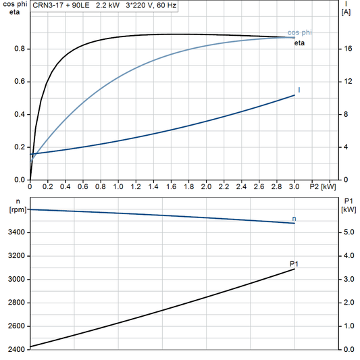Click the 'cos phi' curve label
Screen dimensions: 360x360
(x=300, y=32)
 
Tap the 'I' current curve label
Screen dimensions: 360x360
(x=298, y=90)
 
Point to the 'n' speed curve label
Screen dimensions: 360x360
(x=294, y=218)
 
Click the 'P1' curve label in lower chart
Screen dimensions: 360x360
(x=294, y=263)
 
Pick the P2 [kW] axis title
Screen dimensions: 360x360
(x=322, y=186)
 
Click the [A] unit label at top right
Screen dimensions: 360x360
(x=346, y=11)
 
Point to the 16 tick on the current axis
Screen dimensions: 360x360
(x=346, y=49)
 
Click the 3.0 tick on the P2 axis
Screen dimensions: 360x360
(x=294, y=186)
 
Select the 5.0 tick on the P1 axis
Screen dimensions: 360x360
(x=349, y=232)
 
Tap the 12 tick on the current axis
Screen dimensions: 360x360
(x=346, y=82)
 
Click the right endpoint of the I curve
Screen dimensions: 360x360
(x=294, y=95)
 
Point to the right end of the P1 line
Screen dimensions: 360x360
(x=294, y=269)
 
